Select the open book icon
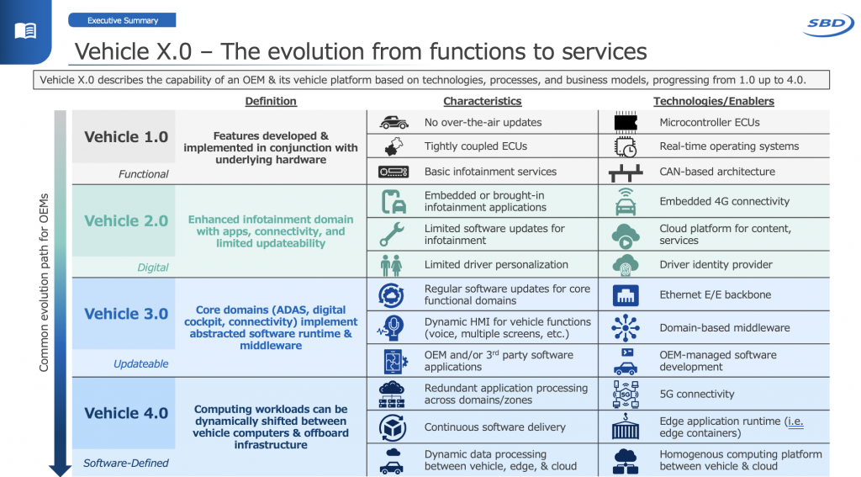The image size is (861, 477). tap(26, 31)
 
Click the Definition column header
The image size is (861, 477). tap(271, 101)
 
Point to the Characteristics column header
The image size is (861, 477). tap(482, 101)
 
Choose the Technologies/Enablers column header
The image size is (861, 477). tap(713, 101)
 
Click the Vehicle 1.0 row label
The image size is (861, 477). tap(126, 137)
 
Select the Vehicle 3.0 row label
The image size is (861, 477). tap(126, 314)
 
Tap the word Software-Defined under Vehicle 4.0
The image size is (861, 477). tap(125, 463)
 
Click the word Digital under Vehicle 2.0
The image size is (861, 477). tap(152, 268)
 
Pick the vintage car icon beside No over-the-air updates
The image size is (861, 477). tap(394, 122)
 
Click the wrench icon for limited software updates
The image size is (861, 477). tap(393, 234)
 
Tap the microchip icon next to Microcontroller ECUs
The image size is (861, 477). tap(626, 122)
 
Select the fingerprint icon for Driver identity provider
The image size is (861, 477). tap(626, 264)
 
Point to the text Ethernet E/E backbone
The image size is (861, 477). tap(715, 295)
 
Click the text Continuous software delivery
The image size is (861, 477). tap(494, 427)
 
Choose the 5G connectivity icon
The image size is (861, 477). tap(626, 394)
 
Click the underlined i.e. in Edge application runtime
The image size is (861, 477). tap(794, 421)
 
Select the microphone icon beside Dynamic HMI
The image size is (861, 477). tap(393, 327)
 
